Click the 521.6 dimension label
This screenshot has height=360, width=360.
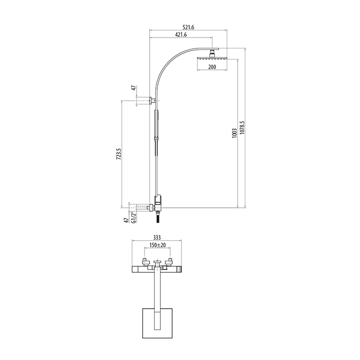[188, 27]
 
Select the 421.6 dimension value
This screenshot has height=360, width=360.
[181, 34]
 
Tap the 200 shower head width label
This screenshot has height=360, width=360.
[212, 67]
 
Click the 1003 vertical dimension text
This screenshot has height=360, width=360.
[235, 133]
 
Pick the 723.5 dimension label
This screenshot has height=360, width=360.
[118, 154]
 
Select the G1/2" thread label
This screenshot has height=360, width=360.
[134, 217]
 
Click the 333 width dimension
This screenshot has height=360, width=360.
[156, 238]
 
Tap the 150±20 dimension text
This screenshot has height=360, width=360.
[157, 245]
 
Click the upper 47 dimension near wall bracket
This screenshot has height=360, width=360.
[134, 88]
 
